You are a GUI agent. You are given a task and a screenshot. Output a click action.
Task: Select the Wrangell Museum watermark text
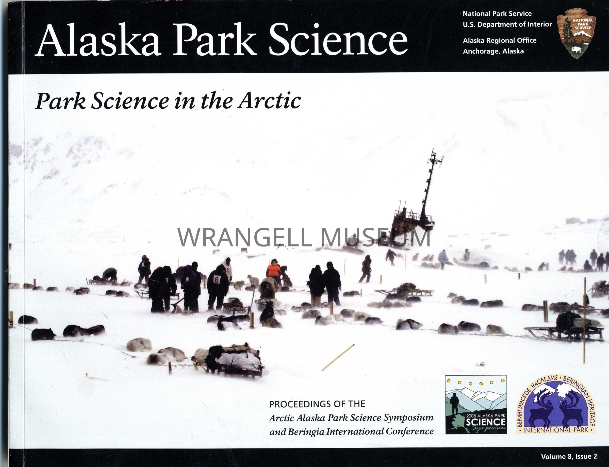tap(304, 237)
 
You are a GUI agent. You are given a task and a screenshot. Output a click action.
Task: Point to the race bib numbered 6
tap(216, 279)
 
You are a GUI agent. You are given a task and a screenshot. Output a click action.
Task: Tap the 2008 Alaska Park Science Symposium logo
tap(476, 405)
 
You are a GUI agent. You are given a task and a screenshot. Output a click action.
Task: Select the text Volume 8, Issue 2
tap(569, 456)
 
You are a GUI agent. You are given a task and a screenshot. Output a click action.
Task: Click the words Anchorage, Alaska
tap(493, 51)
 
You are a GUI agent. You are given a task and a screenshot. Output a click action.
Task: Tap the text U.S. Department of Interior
tap(507, 24)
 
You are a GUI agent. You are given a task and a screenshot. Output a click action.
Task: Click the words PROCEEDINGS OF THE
tap(317, 404)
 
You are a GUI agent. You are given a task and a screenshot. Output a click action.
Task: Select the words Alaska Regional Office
tap(500, 41)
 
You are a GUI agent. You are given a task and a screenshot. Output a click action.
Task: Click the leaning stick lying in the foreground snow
tap(338, 357)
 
